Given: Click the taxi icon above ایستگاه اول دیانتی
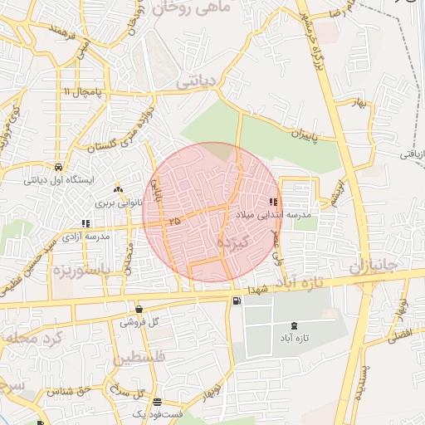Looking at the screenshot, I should (x=58, y=165).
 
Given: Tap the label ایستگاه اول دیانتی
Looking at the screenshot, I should (x=58, y=178).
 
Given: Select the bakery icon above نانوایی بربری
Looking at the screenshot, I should (x=118, y=189).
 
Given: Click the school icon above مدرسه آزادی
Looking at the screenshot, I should (x=85, y=222).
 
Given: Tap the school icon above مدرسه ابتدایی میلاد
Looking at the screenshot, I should (x=273, y=202).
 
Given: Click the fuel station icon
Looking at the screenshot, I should (x=238, y=300).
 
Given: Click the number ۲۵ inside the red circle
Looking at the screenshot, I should (x=173, y=222).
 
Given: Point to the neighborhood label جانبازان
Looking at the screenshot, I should (x=375, y=269).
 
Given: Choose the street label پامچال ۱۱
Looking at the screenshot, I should (x=85, y=90).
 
